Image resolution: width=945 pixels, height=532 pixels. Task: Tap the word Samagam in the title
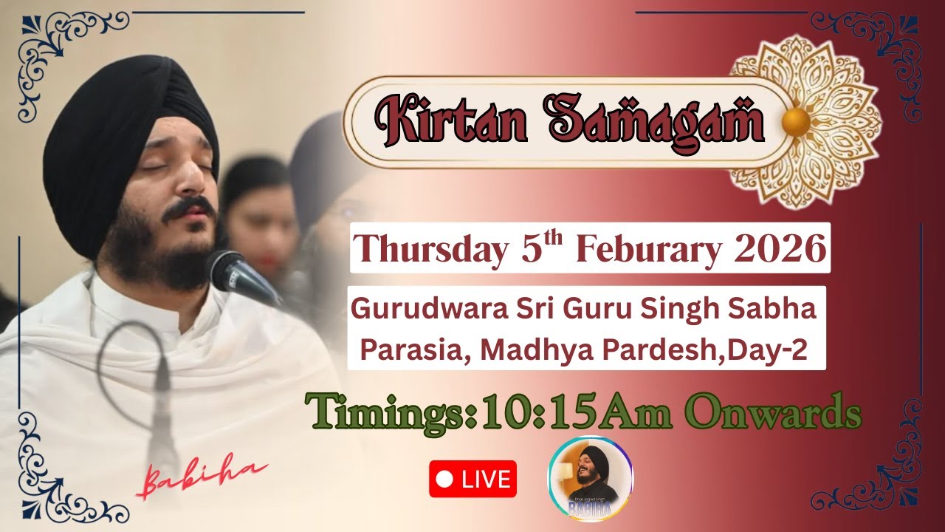[x=655, y=123]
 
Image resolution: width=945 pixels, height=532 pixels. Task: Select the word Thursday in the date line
[x=431, y=249]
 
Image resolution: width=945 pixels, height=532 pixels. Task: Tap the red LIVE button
[x=472, y=479]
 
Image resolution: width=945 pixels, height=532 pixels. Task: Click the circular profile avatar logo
[x=590, y=479]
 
